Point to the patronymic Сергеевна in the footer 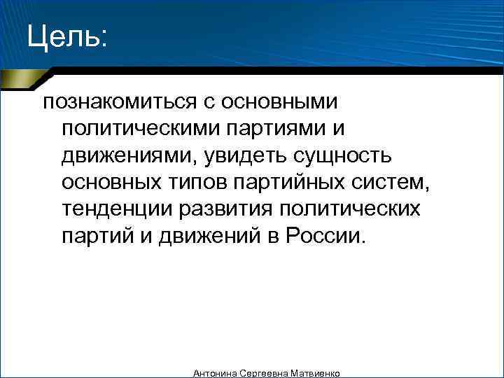pyautogui.click(x=265, y=374)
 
